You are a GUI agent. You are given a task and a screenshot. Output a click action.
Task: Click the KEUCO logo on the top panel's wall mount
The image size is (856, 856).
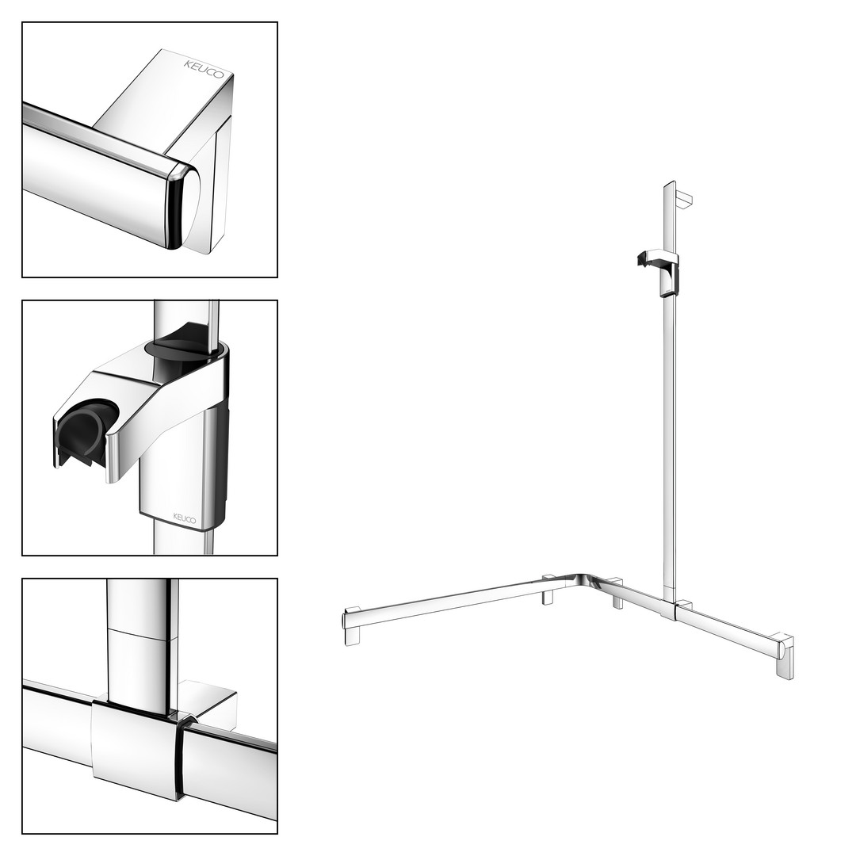click(x=204, y=69)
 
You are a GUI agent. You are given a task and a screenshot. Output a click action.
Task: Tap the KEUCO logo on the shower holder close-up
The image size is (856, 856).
click(x=185, y=518)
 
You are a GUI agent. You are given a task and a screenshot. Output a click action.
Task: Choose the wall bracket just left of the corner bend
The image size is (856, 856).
click(x=548, y=590)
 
